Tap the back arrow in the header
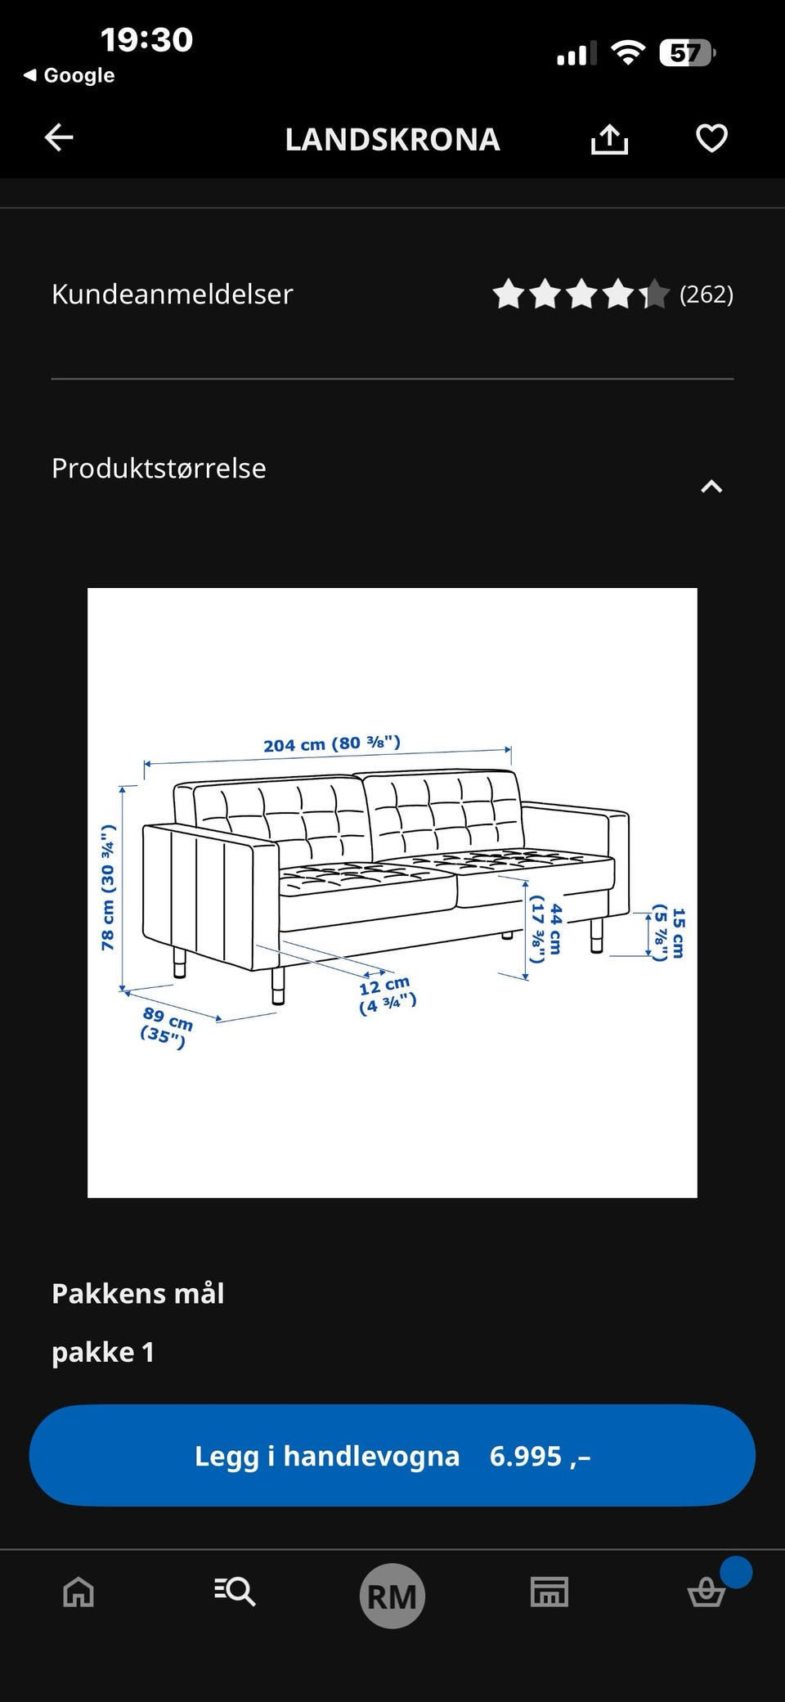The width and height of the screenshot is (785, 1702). pos(59,137)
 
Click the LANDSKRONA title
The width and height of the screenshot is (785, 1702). pos(392,139)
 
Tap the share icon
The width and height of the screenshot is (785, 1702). pos(609,138)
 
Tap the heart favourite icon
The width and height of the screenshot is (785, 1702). pos(711,137)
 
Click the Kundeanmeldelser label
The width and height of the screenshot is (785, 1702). pos(172,294)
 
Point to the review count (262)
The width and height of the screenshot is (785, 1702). pos(706,294)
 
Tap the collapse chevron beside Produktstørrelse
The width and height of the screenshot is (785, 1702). pos(711,487)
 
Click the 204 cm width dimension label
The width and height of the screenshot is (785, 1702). pos(332,743)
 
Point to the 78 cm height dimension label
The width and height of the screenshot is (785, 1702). pos(108,887)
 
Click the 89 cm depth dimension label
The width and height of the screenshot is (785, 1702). pos(167,1026)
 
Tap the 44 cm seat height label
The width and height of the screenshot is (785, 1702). pos(546,929)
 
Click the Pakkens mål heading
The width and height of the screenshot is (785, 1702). pos(138,1293)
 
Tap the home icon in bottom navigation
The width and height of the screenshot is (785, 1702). pos(78,1592)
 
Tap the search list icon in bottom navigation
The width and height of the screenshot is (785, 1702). pos(235,1592)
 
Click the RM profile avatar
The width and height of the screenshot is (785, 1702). pos(392,1596)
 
